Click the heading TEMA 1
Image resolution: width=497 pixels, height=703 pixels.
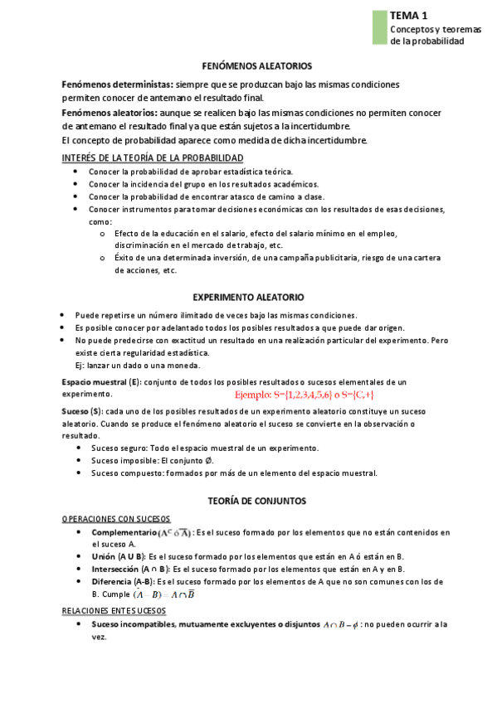coord(409,15)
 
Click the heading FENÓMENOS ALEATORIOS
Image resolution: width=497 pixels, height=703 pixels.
coord(249,65)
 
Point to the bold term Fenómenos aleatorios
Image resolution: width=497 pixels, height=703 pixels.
coord(110,113)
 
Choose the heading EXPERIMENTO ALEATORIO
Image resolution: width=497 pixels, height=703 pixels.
coord(248,297)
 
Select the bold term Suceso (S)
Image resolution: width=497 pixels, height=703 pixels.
coord(83,411)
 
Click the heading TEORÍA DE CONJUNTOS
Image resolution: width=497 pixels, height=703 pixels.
coord(248,501)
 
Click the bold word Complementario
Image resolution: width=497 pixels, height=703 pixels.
coord(124,532)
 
